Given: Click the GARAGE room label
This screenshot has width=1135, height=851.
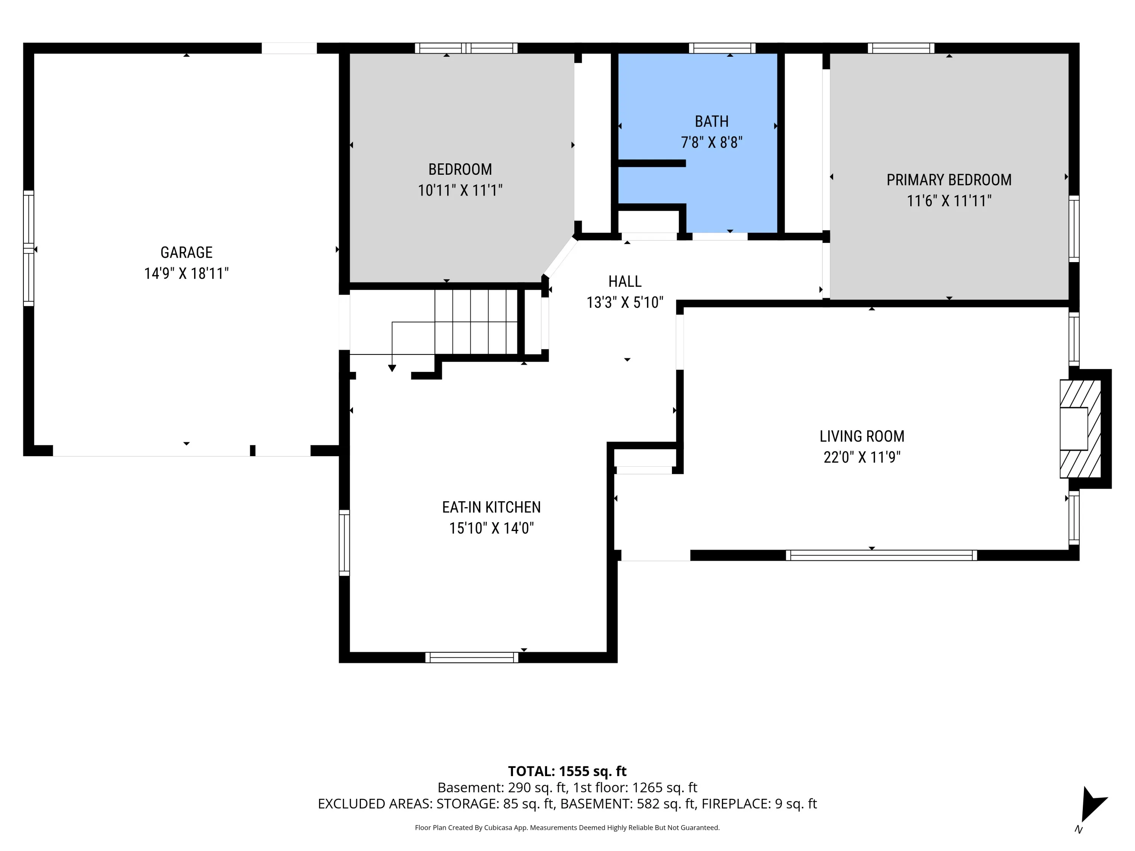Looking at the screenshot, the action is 186,252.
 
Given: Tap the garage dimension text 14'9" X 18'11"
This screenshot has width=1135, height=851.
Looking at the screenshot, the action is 186,273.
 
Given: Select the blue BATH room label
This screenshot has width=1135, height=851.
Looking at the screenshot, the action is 712,121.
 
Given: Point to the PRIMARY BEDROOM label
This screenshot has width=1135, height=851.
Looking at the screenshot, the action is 949,180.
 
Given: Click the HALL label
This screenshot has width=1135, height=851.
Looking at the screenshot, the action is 625,282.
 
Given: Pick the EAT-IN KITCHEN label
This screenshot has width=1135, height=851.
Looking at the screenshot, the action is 491,507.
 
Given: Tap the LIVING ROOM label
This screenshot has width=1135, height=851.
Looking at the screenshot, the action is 862,436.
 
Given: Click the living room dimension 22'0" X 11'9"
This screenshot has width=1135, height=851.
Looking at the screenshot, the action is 862,457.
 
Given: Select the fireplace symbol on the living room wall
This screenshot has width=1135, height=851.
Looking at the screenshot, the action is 1080,429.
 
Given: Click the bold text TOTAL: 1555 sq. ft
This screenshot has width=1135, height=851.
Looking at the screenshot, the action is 567,772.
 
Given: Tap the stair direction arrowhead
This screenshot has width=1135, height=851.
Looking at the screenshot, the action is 392,368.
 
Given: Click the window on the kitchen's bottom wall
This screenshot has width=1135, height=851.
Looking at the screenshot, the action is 471,658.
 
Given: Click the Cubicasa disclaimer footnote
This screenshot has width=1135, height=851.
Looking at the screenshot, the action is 567,828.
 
